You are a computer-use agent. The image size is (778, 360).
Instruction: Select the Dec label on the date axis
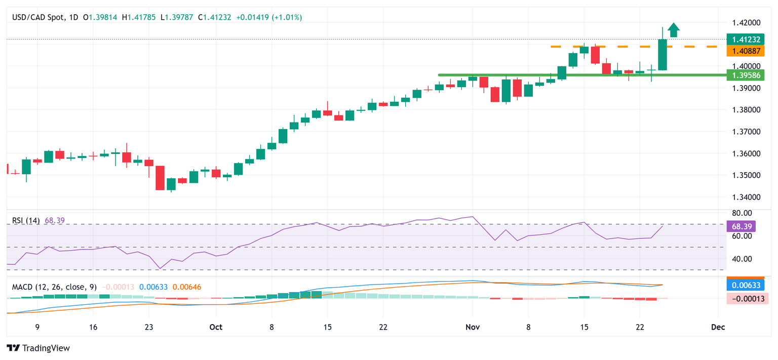(718, 327)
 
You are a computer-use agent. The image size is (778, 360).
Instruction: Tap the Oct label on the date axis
(216, 327)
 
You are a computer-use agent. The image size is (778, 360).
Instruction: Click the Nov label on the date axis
(472, 327)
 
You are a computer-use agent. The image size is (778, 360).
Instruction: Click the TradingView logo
(38, 348)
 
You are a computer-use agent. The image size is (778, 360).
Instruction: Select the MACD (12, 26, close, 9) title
(54, 287)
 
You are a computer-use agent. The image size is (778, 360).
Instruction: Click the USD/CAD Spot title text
(38, 17)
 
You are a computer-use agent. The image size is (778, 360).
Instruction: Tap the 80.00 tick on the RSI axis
(742, 213)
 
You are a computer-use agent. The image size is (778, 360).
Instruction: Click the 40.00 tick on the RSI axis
(742, 259)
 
